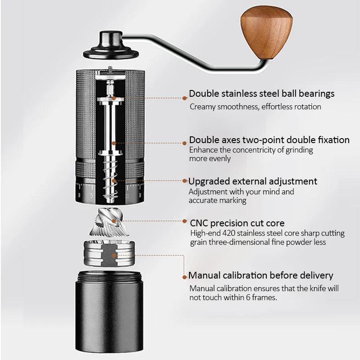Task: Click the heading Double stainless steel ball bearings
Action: pyautogui.click(x=261, y=94)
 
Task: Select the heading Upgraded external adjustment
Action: pyautogui.click(x=252, y=181)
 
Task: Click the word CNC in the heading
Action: pyautogui.click(x=200, y=223)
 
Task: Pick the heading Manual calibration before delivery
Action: pyautogui.click(x=261, y=275)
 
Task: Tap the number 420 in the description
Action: pyautogui.click(x=236, y=234)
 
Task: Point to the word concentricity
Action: pyautogui.click(x=254, y=150)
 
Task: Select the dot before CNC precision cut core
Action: pyautogui.click(x=185, y=222)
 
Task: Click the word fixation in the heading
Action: pyautogui.click(x=333, y=140)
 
